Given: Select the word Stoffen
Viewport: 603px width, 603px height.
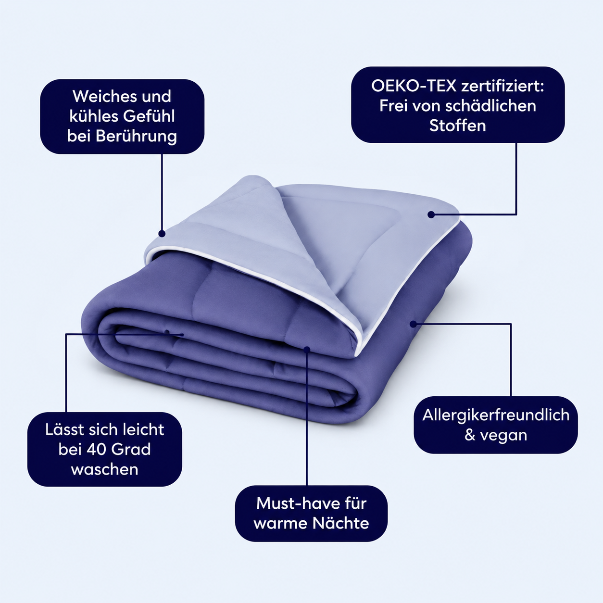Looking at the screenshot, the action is point(457,126).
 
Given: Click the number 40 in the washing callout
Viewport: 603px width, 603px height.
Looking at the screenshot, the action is point(97,449).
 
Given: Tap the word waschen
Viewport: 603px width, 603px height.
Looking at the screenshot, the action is point(104,469).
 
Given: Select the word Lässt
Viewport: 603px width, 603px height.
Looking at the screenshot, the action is point(65,429).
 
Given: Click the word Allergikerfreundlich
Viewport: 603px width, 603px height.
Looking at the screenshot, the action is point(496,415).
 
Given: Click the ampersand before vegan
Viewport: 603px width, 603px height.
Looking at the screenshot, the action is point(470,435).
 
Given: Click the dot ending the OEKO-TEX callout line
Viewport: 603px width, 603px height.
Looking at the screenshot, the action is point(431,214).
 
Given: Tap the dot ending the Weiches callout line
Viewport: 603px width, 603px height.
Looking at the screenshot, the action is point(162,233).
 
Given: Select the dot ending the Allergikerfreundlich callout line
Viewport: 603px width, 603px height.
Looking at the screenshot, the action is point(414,324).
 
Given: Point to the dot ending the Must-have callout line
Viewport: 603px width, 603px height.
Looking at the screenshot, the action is point(307,350).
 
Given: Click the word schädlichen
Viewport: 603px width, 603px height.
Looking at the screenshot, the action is point(490,106).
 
